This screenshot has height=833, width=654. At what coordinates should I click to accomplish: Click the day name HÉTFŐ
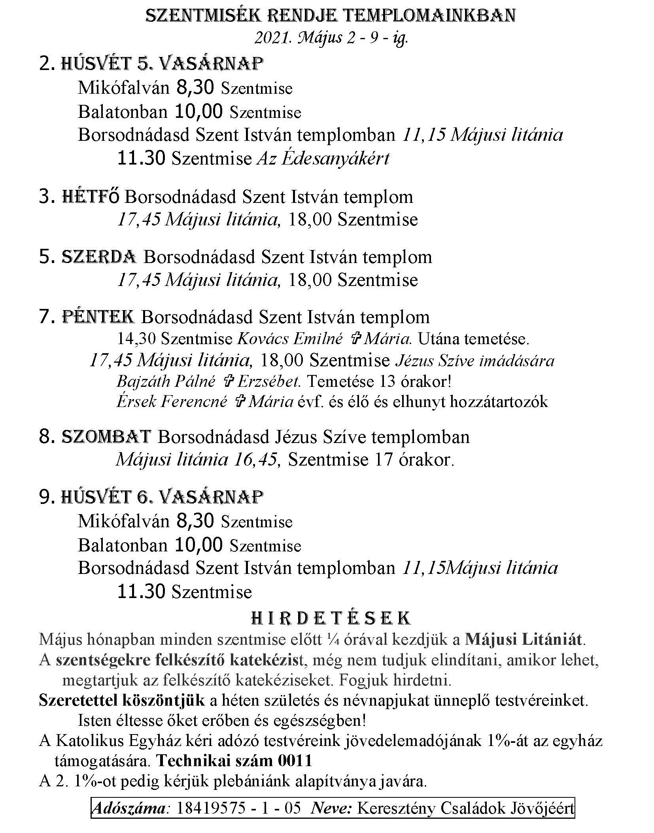pyautogui.click(x=90, y=197)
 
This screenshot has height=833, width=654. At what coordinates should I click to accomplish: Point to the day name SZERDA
pyautogui.click(x=99, y=257)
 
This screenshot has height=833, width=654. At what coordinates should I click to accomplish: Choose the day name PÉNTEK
pyautogui.click(x=98, y=317)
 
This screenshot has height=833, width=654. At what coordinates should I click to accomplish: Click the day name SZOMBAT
pyautogui.click(x=106, y=437)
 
